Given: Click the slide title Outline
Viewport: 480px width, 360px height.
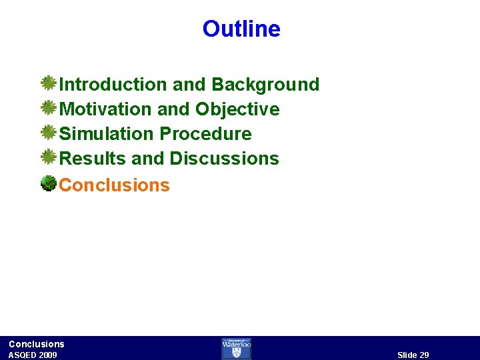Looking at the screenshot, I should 241,29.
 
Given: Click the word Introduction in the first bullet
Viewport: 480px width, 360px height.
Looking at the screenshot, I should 113,85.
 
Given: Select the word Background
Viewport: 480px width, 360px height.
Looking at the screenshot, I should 265,85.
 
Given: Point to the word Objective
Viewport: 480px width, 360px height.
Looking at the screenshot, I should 237,109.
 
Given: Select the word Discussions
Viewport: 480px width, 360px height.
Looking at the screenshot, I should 224,159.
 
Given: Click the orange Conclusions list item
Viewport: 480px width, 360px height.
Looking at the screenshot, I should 115,185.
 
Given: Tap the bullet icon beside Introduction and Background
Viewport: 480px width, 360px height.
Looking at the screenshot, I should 48,83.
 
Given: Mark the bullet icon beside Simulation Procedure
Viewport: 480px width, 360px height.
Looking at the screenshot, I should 48,133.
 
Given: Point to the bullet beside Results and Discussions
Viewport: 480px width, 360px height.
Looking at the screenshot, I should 48,157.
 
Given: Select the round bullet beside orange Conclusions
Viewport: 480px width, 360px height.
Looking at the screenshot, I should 48,183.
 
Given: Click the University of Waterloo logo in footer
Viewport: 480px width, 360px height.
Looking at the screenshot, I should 237,348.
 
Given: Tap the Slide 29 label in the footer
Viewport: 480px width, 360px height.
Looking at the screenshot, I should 413,355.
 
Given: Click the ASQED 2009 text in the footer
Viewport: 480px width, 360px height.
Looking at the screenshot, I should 33,355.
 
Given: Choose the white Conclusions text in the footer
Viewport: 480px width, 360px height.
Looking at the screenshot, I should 37,344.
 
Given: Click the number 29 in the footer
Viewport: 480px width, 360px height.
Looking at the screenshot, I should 423,355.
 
